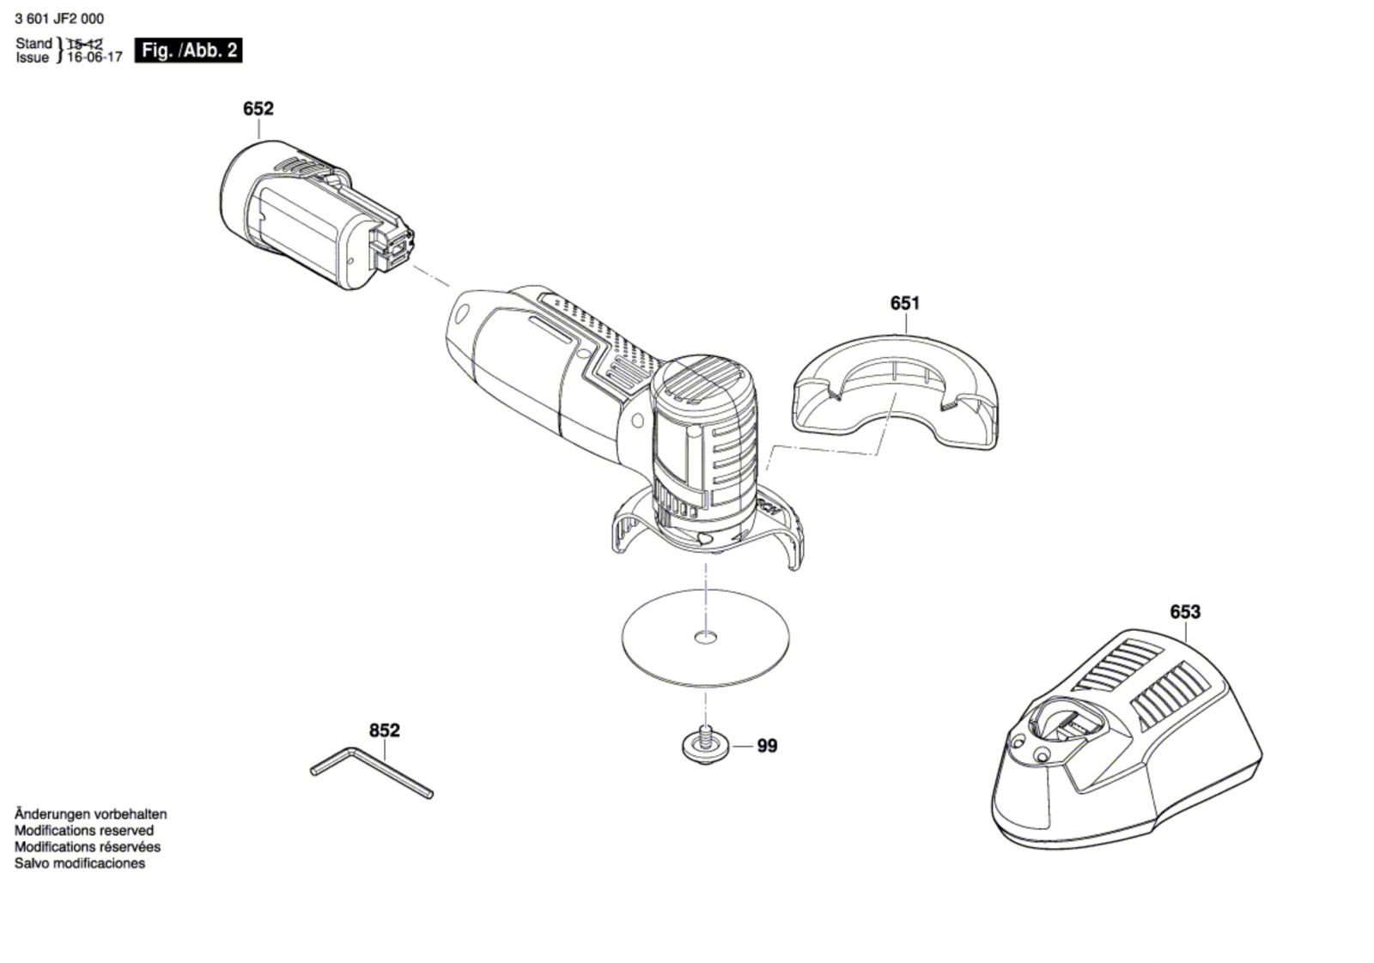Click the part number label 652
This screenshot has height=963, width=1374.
pyautogui.click(x=258, y=109)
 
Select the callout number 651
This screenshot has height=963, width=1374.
pyautogui.click(x=904, y=303)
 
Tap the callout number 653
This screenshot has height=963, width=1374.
pyautogui.click(x=1184, y=612)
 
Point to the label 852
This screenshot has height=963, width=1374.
pyautogui.click(x=384, y=730)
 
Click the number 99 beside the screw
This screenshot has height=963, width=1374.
pyautogui.click(x=767, y=747)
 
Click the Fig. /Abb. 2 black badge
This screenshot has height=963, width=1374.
pyautogui.click(x=189, y=51)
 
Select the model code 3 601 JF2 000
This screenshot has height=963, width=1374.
pyautogui.click(x=59, y=19)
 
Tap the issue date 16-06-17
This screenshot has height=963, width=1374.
pyautogui.click(x=94, y=58)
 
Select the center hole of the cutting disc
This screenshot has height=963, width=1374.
pyautogui.click(x=705, y=637)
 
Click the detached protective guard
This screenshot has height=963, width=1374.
pyautogui.click(x=893, y=395)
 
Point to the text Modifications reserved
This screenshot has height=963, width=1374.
pyautogui.click(x=84, y=831)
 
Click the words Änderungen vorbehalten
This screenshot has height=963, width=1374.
pyautogui.click(x=90, y=815)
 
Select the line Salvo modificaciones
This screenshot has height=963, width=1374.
pyautogui.click(x=80, y=863)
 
